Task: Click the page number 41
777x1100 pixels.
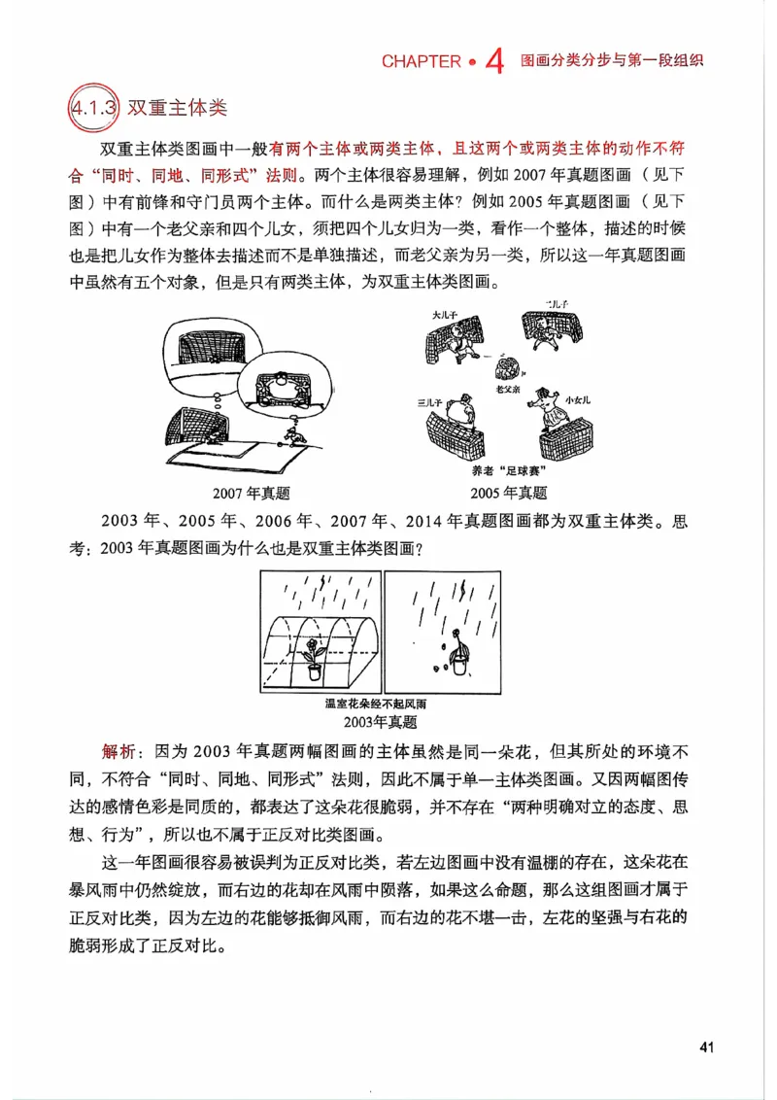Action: [706, 1047]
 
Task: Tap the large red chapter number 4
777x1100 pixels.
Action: [493, 62]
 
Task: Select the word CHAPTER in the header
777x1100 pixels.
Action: [421, 61]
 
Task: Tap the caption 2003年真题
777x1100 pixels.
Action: [381, 722]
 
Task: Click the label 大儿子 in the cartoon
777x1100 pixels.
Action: [446, 316]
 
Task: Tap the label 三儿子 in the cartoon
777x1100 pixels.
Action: [429, 401]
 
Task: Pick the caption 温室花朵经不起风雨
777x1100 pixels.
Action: [375, 704]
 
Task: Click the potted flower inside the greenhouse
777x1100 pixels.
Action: [315, 658]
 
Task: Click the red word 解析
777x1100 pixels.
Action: [121, 753]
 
